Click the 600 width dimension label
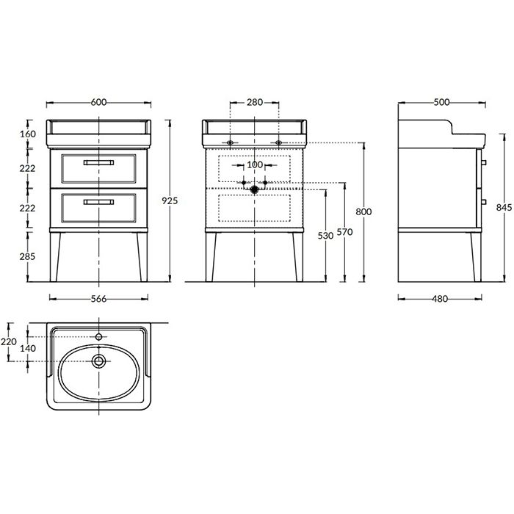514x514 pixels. click(x=98, y=102)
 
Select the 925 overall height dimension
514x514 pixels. click(x=170, y=200)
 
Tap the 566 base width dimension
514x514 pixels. click(x=98, y=299)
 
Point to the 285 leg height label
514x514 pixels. click(x=27, y=256)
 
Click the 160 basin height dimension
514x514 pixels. click(x=28, y=134)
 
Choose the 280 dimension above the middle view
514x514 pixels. click(x=255, y=102)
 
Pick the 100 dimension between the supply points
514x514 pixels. click(x=255, y=164)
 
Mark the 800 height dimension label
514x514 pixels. click(x=364, y=211)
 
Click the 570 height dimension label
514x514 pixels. click(x=344, y=232)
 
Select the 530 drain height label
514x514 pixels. click(x=325, y=236)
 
